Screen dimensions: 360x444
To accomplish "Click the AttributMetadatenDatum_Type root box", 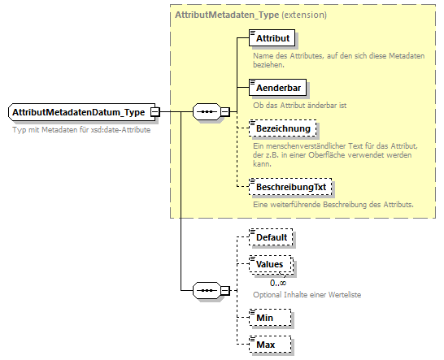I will click(79, 111).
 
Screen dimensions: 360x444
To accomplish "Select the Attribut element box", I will click(272, 38).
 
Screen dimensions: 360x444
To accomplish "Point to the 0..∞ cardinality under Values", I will click(278, 282).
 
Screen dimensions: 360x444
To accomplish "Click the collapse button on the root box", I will click(155, 111).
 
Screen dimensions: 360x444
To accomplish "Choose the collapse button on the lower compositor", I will click(225, 290).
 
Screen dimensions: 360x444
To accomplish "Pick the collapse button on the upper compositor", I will click(225, 112).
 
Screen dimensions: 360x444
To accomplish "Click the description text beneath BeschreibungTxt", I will click(333, 203).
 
